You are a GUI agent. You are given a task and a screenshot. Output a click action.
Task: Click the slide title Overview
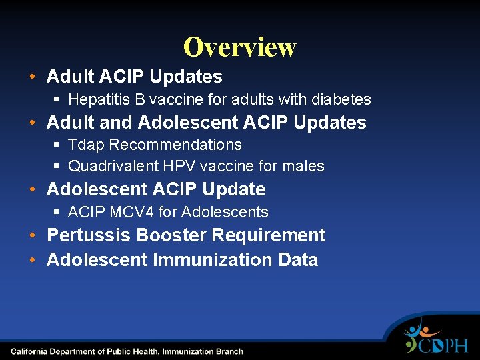click(239, 47)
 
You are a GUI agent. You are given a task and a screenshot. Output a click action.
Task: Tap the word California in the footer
click(31, 351)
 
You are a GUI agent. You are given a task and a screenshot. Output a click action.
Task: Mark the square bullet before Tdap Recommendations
click(57, 145)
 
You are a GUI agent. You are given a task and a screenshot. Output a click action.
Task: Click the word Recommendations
click(176, 145)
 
